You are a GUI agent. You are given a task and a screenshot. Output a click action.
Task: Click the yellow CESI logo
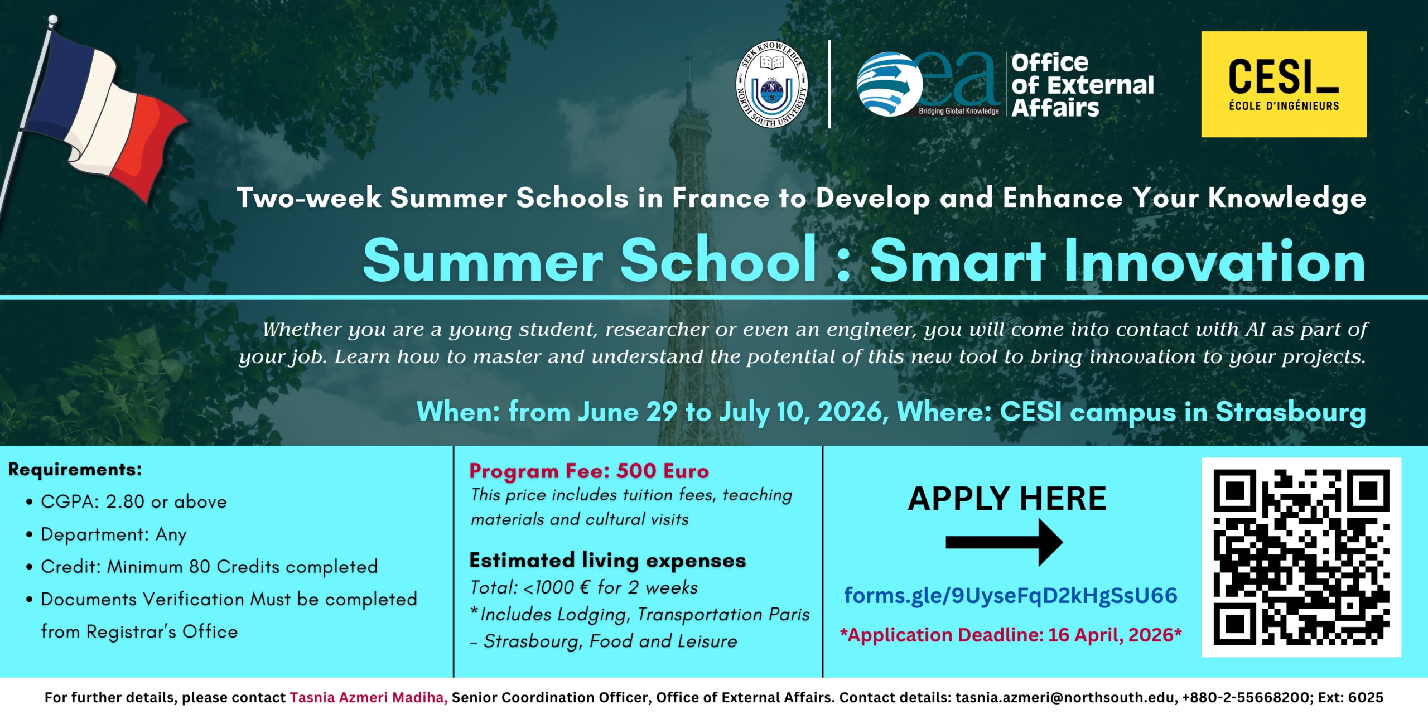1284,84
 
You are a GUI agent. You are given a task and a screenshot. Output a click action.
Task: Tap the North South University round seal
772,84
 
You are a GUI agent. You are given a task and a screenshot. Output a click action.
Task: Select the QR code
1301,557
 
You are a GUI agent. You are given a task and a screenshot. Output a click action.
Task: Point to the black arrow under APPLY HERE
1004,542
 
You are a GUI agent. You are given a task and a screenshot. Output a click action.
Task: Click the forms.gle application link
1011,596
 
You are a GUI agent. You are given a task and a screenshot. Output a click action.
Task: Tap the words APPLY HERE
1007,498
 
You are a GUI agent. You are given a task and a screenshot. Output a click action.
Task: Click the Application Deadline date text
1011,635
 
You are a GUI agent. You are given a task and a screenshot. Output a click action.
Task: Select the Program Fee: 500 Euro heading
589,471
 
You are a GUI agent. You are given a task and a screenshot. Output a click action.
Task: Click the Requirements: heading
75,470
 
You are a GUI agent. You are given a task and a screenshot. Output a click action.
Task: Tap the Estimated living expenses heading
607,561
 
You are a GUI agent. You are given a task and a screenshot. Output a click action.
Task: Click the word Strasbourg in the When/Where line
1291,412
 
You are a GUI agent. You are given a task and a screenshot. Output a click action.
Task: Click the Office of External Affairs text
1083,85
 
